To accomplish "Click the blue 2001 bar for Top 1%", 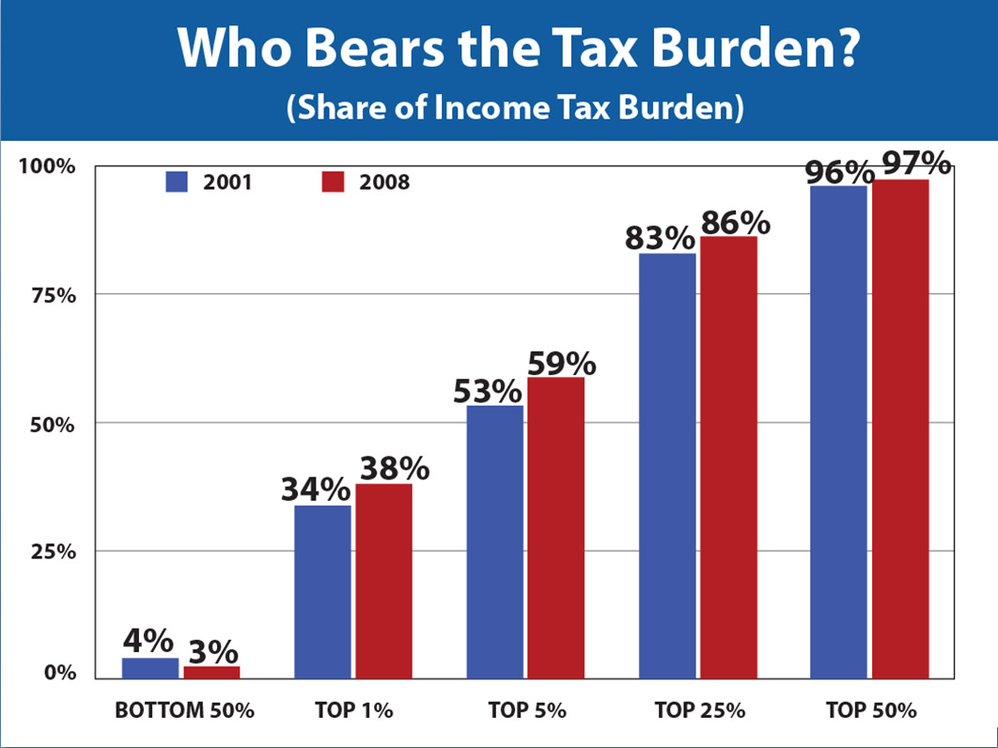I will coord(322,591).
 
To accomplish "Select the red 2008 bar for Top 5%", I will coord(555,526).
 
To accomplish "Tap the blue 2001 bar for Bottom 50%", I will coord(150,667).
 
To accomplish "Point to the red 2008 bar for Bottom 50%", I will coord(211,671).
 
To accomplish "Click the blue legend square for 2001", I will coord(179,181).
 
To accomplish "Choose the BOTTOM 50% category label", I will coord(184,710).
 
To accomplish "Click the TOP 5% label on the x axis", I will coord(527,710).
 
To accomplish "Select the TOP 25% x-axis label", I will coord(698,710).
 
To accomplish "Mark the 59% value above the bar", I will coord(562,362).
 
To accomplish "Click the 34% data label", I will coord(315,490).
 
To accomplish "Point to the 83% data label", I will coord(660,238).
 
